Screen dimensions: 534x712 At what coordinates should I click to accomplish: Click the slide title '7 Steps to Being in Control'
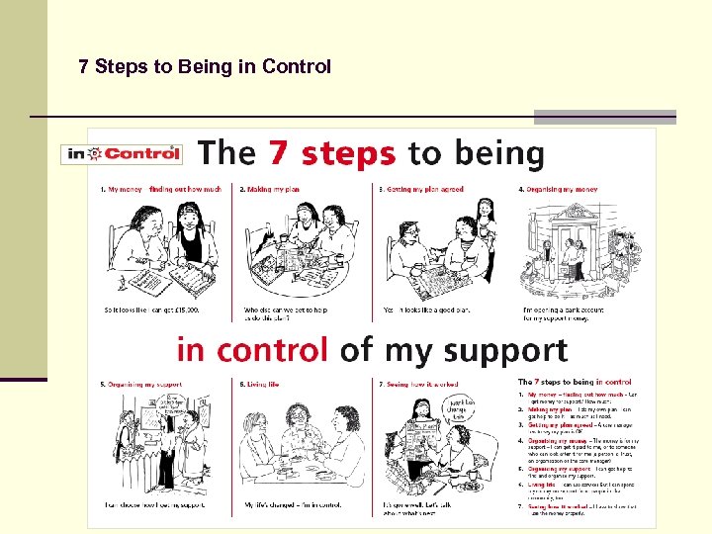pyautogui.click(x=205, y=67)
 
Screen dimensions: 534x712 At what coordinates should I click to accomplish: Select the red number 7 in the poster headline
pyautogui.click(x=280, y=153)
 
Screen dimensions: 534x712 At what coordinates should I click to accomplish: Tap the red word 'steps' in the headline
pyautogui.click(x=348, y=154)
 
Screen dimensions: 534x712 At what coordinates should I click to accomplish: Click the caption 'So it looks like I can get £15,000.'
pyautogui.click(x=151, y=310)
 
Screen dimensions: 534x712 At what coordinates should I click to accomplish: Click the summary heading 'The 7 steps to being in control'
pyautogui.click(x=575, y=382)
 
